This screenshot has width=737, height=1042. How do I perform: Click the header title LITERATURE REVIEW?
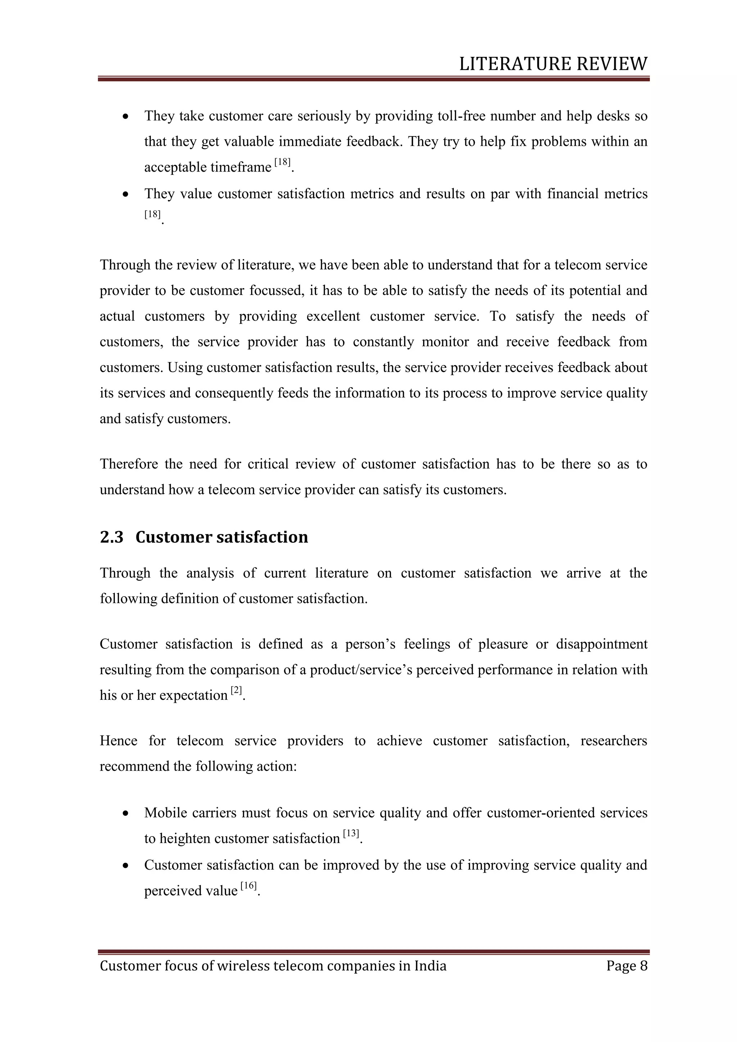(553, 64)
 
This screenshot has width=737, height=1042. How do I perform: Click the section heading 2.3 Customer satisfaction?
(204, 537)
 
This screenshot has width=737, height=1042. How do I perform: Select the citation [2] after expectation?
(236, 691)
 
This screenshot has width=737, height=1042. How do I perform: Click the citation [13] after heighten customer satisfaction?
(351, 834)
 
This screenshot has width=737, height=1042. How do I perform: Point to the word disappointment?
(601, 644)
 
